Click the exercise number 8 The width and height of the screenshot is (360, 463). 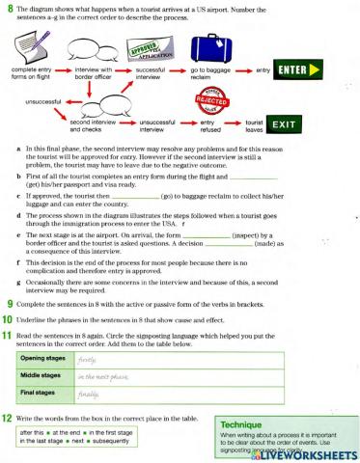(x=7, y=7)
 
